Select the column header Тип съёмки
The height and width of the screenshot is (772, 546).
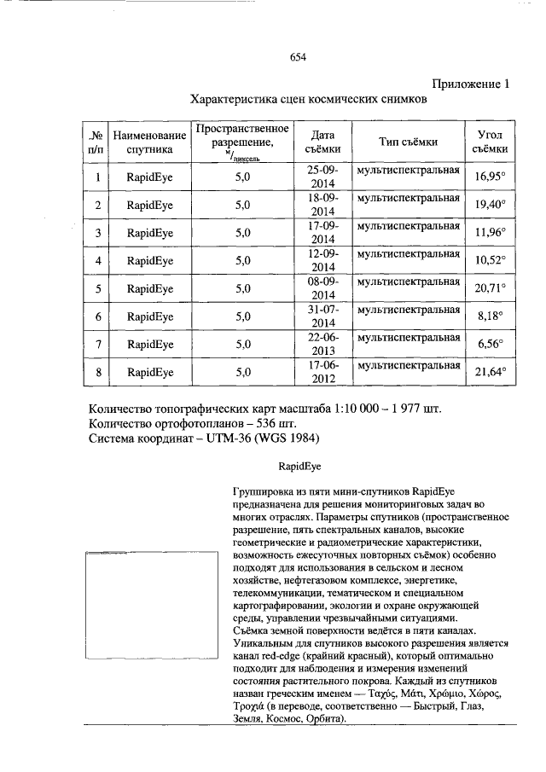(x=409, y=142)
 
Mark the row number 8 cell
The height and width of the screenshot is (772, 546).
(x=98, y=372)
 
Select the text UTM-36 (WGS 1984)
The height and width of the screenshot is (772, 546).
(x=264, y=438)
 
